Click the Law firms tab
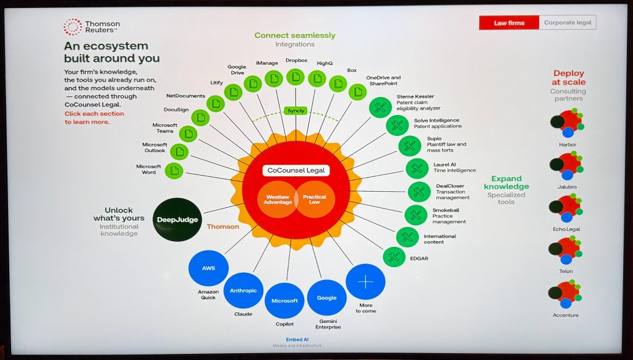click(509, 23)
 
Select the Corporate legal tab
click(567, 23)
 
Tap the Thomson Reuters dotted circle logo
click(73, 27)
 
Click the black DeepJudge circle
click(177, 220)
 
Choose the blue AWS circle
click(208, 268)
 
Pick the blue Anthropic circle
click(243, 291)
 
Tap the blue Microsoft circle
click(284, 301)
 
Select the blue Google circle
click(326, 298)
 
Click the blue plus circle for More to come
click(365, 281)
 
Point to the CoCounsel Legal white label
click(296, 171)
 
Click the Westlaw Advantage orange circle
click(278, 200)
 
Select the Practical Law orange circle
click(315, 200)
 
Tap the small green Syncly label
click(296, 111)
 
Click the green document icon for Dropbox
click(295, 77)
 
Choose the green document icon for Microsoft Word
click(174, 171)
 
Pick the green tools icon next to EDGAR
click(394, 257)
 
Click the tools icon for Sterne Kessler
click(380, 108)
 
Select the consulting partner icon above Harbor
click(567, 124)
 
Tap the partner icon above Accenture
click(566, 294)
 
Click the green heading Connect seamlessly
click(295, 35)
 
